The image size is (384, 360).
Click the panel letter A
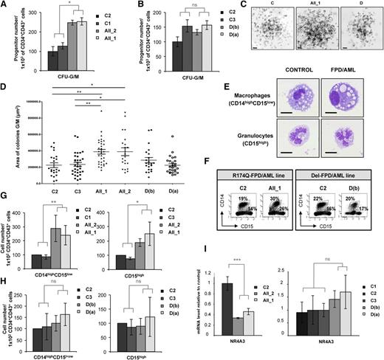4,6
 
